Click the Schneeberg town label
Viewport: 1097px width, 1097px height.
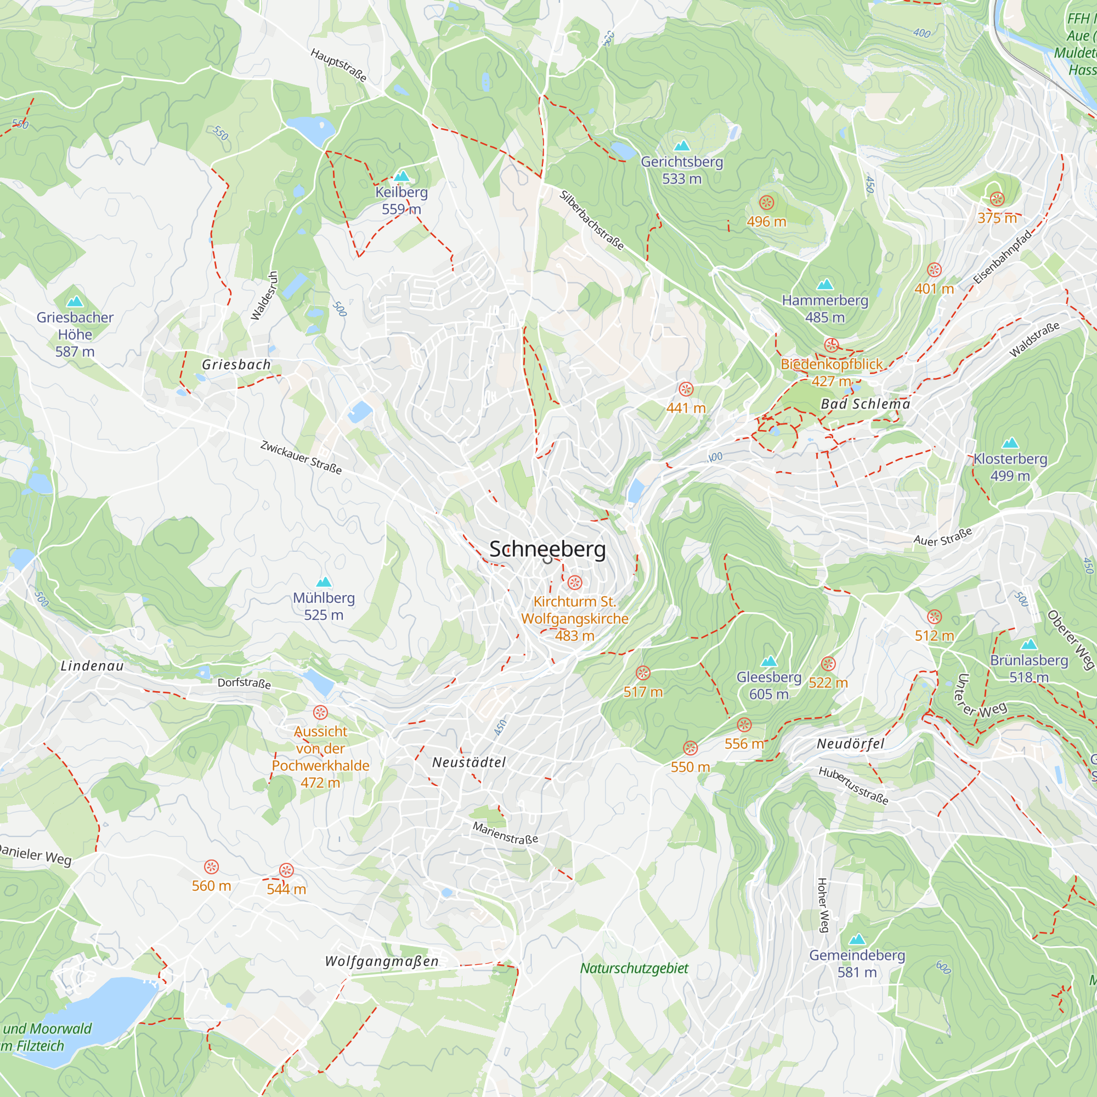coord(547,549)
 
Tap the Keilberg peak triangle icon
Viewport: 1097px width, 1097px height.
coord(402,176)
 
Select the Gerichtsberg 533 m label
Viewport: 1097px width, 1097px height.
coord(682,170)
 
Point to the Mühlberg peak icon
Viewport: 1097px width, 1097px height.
coord(324,581)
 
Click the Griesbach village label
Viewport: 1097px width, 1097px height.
coord(236,365)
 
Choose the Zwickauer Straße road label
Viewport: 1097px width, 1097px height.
coord(301,457)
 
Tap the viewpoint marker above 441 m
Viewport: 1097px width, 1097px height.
coord(686,389)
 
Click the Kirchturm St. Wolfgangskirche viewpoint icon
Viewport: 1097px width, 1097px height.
coord(575,583)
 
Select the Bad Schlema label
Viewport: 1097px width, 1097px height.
coord(866,404)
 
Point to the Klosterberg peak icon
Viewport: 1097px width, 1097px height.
coord(1010,442)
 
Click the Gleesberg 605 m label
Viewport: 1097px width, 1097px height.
coord(769,685)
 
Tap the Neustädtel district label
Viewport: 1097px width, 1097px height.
coord(468,762)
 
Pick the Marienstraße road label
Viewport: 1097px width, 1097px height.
coord(505,833)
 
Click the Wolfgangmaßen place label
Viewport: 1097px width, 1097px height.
coord(382,962)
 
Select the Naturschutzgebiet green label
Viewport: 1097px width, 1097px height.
coord(634,968)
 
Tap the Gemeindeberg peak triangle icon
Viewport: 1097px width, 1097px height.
coord(857,939)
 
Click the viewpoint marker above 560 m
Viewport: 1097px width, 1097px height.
coord(211,867)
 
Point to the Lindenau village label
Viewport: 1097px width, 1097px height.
coord(92,666)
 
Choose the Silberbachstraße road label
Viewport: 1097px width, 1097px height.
coord(592,220)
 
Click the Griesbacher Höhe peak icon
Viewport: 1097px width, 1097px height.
coord(75,301)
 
